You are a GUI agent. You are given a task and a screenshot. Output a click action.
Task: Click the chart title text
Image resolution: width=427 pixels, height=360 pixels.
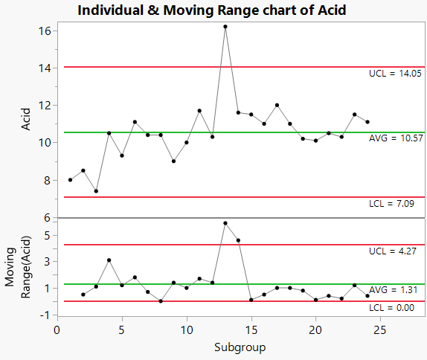tap(212, 10)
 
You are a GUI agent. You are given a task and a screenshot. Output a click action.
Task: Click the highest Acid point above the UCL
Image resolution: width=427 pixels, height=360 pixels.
tap(225, 27)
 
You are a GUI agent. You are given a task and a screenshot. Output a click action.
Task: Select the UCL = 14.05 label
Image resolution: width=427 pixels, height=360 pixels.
tap(395, 74)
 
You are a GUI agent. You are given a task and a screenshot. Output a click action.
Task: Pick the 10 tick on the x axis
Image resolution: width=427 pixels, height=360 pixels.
tap(186, 328)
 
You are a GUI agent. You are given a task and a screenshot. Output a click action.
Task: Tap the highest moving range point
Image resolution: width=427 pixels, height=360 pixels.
tap(225, 223)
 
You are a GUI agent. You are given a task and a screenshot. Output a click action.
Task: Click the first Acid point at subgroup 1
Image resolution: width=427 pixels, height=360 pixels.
tap(70, 180)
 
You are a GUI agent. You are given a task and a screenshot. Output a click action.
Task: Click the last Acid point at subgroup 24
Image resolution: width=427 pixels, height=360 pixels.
tap(367, 122)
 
